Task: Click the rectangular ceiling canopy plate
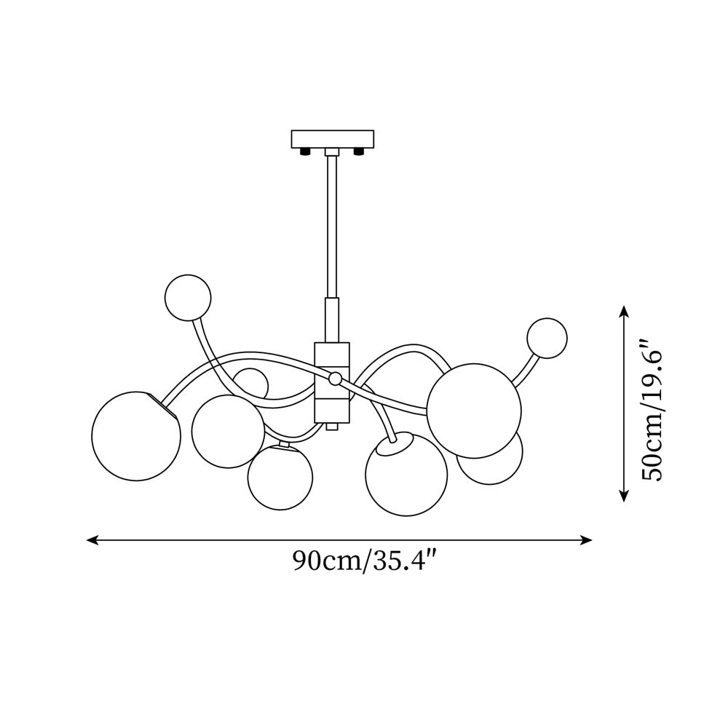point(332,139)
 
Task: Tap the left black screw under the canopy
point(305,151)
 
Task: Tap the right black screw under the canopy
point(358,151)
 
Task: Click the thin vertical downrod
point(332,226)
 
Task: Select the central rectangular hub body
point(332,383)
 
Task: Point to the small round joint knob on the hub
point(334,379)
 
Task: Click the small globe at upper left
point(188,298)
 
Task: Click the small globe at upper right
point(547,338)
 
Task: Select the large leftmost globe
point(136,435)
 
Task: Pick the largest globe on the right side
point(474,411)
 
